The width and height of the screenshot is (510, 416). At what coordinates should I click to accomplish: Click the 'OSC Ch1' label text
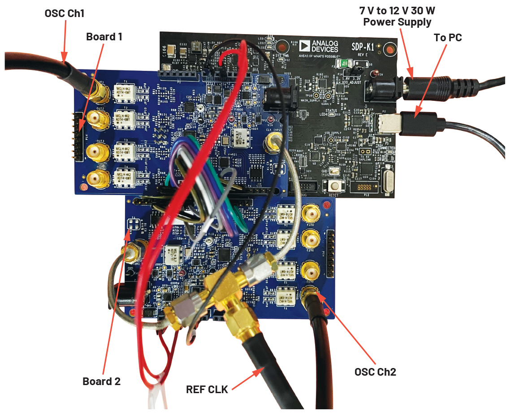[65, 13]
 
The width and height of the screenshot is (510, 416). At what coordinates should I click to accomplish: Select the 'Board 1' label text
[104, 37]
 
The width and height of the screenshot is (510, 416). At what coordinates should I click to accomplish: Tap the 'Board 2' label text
[102, 381]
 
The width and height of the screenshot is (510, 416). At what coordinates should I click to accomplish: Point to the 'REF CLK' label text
[207, 389]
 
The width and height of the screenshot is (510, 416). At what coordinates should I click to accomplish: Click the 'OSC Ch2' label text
[375, 372]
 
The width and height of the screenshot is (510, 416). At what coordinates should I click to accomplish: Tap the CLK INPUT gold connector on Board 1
[271, 143]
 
